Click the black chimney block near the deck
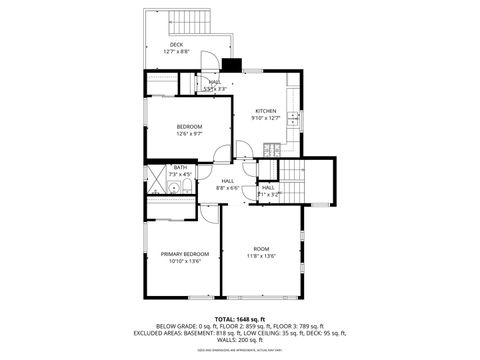[232, 67]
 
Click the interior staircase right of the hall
[290, 182]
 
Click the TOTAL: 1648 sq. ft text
[239, 315]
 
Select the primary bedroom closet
[170, 208]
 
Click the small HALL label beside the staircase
[268, 188]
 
